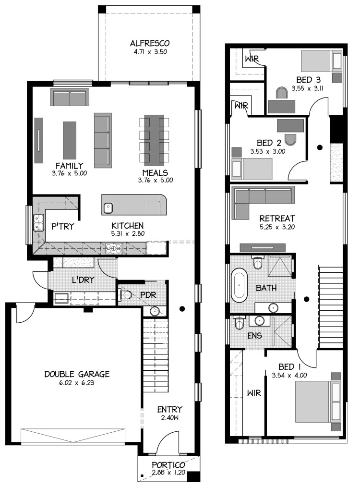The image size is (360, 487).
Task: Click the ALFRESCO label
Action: click(x=150, y=43)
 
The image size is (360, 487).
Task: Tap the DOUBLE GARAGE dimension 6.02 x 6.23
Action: click(x=77, y=383)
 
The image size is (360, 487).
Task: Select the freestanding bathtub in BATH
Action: click(x=239, y=285)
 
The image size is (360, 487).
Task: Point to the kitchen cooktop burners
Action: click(x=114, y=248)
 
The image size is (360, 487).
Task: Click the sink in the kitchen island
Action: click(x=108, y=208)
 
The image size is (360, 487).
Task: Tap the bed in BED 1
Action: click(x=317, y=402)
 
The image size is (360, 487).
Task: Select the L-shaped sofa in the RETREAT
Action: click(x=263, y=199)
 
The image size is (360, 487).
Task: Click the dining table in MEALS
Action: click(x=154, y=140)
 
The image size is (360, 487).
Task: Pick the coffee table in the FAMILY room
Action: click(x=70, y=140)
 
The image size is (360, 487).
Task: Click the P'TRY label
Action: click(x=63, y=226)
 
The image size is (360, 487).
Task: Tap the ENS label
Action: click(x=254, y=336)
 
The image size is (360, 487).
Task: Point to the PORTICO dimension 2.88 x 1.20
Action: click(x=168, y=473)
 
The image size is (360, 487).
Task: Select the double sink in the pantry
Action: click(x=38, y=223)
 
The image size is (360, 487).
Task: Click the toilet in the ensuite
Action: click(x=240, y=323)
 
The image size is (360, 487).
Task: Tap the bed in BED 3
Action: click(x=321, y=61)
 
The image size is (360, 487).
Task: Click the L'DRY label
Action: click(x=83, y=280)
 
